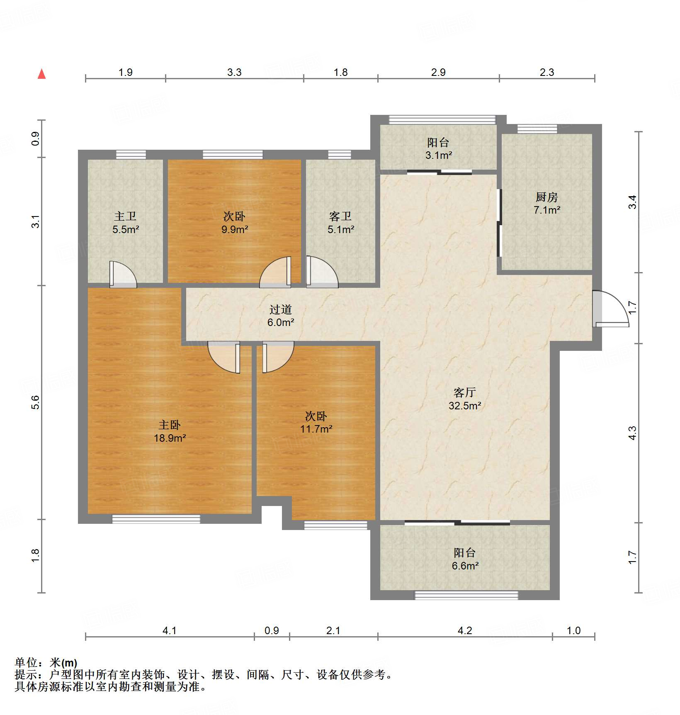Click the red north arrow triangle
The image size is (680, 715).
pyautogui.click(x=41, y=74)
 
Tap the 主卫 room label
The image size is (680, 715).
pyautogui.click(x=125, y=216)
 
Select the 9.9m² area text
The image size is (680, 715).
pyautogui.click(x=234, y=229)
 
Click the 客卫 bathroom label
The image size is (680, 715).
pyautogui.click(x=340, y=216)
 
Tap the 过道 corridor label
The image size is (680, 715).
pyautogui.click(x=281, y=309)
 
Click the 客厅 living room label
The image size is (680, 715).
pyautogui.click(x=464, y=392)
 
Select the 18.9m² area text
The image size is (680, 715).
pyautogui.click(x=170, y=438)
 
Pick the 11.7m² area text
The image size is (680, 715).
pyautogui.click(x=316, y=429)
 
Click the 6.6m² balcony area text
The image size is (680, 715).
pyautogui.click(x=465, y=566)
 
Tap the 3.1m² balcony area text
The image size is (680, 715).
pyautogui.click(x=438, y=156)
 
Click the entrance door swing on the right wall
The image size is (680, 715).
pyautogui.click(x=610, y=309)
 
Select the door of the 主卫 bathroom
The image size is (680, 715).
pyautogui.click(x=123, y=275)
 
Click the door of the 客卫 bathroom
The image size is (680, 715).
pyautogui.click(x=322, y=272)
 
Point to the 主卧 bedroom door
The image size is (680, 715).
pyautogui.click(x=224, y=357)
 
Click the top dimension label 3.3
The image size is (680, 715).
pyautogui.click(x=234, y=72)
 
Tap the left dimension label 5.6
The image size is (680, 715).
pyautogui.click(x=36, y=402)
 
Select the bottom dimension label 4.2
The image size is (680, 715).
pyautogui.click(x=465, y=630)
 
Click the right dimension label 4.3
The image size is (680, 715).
pyautogui.click(x=632, y=433)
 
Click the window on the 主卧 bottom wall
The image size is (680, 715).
pyautogui.click(x=156, y=519)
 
